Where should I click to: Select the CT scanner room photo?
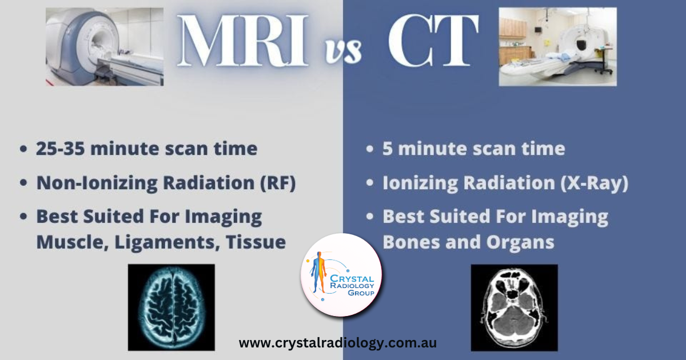(x=557, y=46)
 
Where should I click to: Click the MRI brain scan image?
(x=171, y=307)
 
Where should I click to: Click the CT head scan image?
(x=514, y=307)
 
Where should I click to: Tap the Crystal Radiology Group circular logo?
(x=341, y=275)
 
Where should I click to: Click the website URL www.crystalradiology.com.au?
(x=337, y=343)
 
